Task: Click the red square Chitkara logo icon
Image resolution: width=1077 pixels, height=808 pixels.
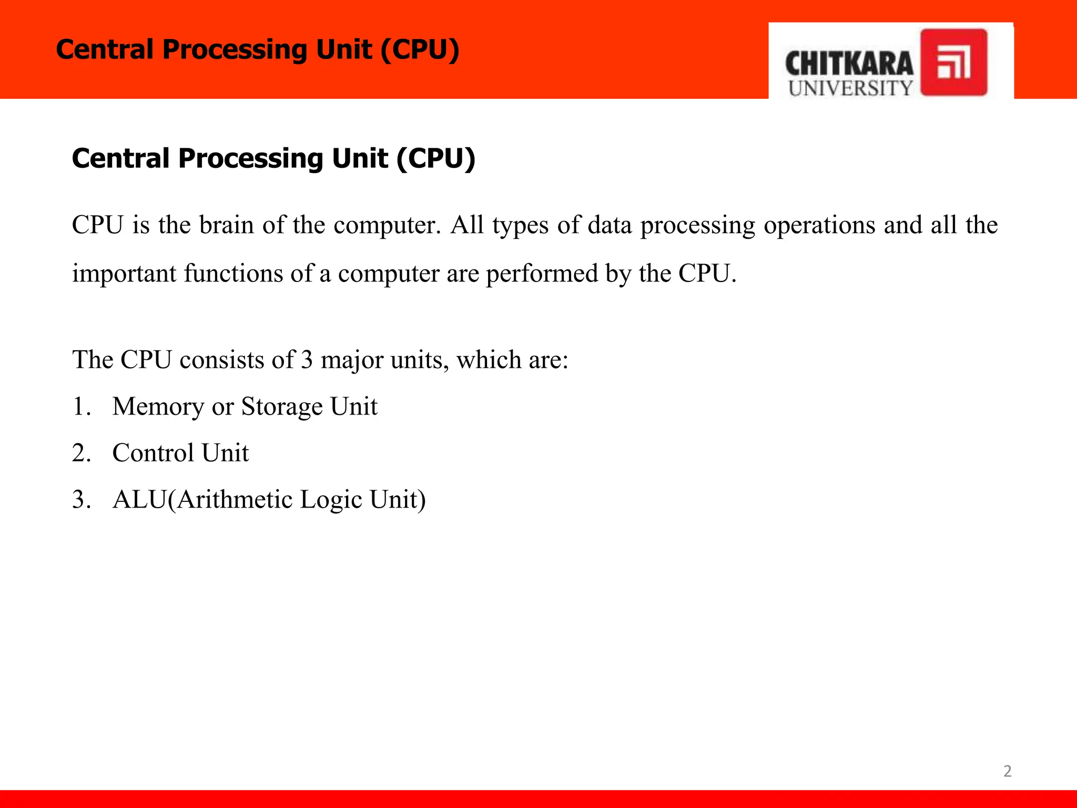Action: (953, 62)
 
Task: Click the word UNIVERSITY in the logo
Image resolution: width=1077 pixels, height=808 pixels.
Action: (850, 88)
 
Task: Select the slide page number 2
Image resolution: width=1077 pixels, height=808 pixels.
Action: (1007, 771)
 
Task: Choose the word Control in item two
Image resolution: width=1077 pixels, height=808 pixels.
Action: (153, 453)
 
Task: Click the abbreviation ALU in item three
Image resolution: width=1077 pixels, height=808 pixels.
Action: (139, 499)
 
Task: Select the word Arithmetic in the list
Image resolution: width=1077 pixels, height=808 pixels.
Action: (234, 499)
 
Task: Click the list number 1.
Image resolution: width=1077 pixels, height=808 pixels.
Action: (80, 407)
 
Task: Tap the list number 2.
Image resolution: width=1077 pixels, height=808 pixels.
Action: (80, 453)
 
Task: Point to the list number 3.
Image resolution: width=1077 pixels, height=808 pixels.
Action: (80, 499)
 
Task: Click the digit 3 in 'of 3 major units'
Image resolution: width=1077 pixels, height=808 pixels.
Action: (307, 360)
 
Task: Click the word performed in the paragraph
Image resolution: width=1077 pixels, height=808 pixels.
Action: (541, 274)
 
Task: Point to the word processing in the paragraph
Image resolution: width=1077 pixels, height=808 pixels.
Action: (697, 225)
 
